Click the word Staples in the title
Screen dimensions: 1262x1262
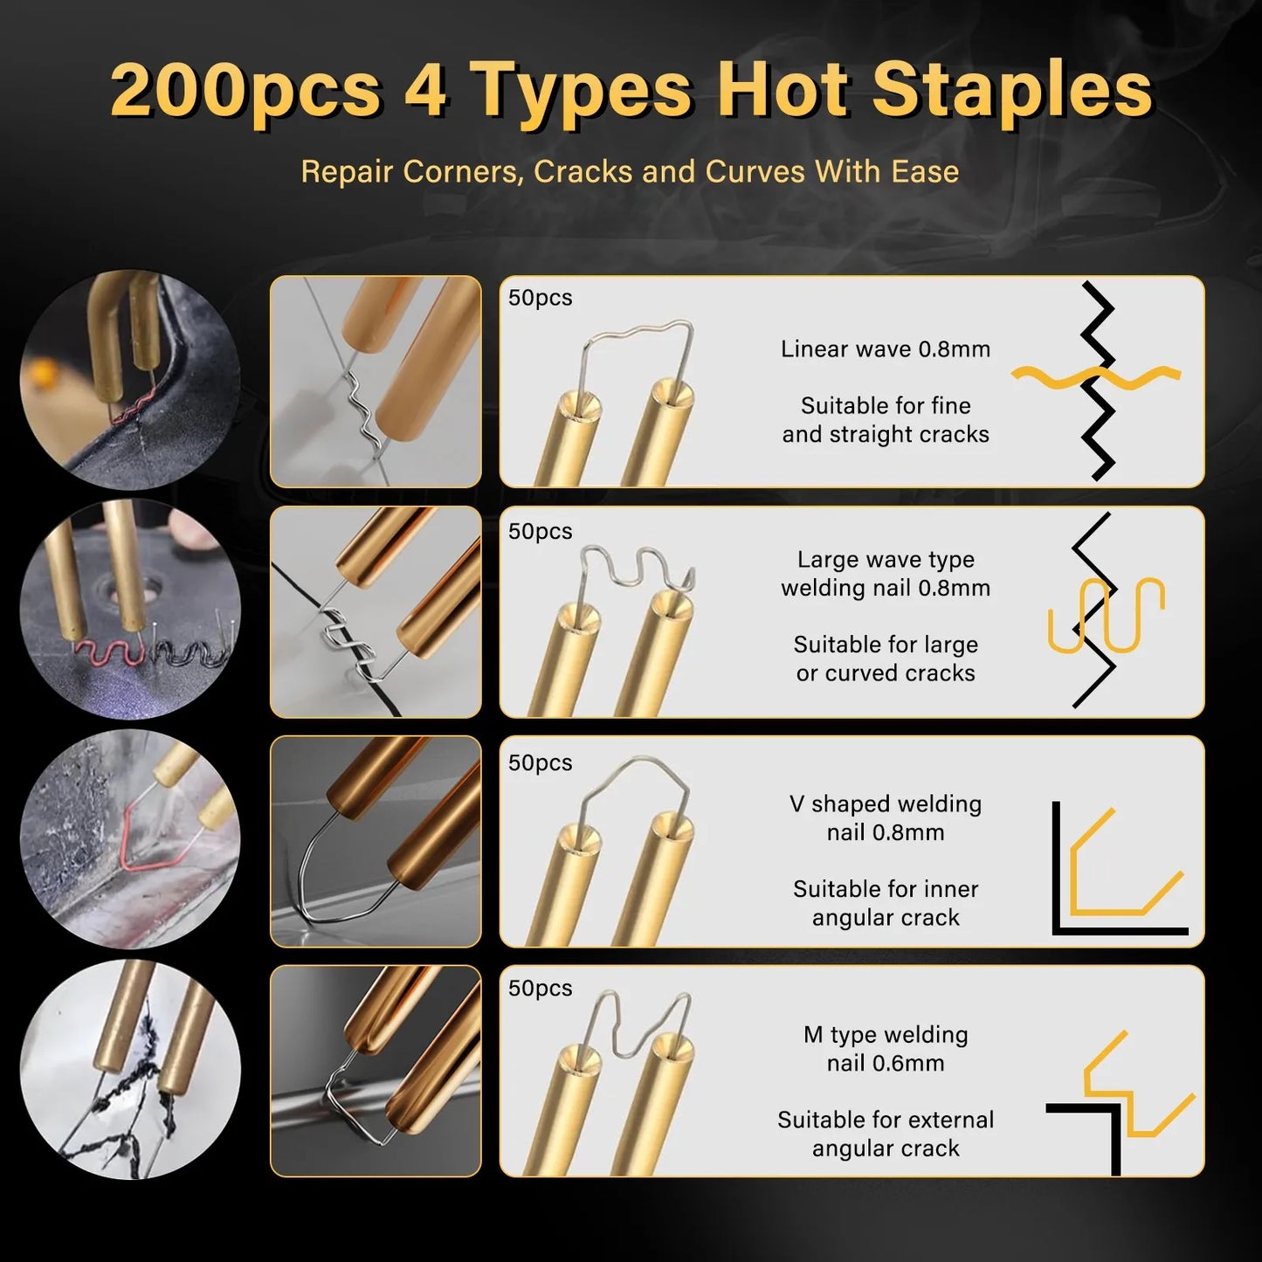click(x=1012, y=90)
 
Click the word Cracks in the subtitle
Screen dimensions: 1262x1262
click(x=583, y=171)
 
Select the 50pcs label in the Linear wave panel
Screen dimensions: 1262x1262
click(x=541, y=298)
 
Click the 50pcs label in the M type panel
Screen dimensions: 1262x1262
click(x=541, y=989)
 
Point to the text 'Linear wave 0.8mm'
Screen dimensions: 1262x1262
click(x=886, y=349)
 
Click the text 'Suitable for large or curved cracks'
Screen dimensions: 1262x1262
click(x=886, y=659)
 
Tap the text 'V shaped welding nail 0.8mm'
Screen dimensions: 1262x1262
click(x=886, y=818)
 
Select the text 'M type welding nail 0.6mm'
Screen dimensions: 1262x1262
click(x=886, y=1049)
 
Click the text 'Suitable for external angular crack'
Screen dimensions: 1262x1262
click(x=886, y=1134)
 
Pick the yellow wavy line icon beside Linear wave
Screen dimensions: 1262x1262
click(x=1095, y=376)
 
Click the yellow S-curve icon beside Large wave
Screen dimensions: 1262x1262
click(x=1107, y=616)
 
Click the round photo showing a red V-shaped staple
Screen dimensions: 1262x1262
click(x=130, y=839)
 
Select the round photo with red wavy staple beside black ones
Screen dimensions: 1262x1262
click(x=130, y=609)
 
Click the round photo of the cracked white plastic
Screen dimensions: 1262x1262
click(x=130, y=1070)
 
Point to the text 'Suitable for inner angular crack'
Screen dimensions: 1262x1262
click(x=886, y=903)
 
